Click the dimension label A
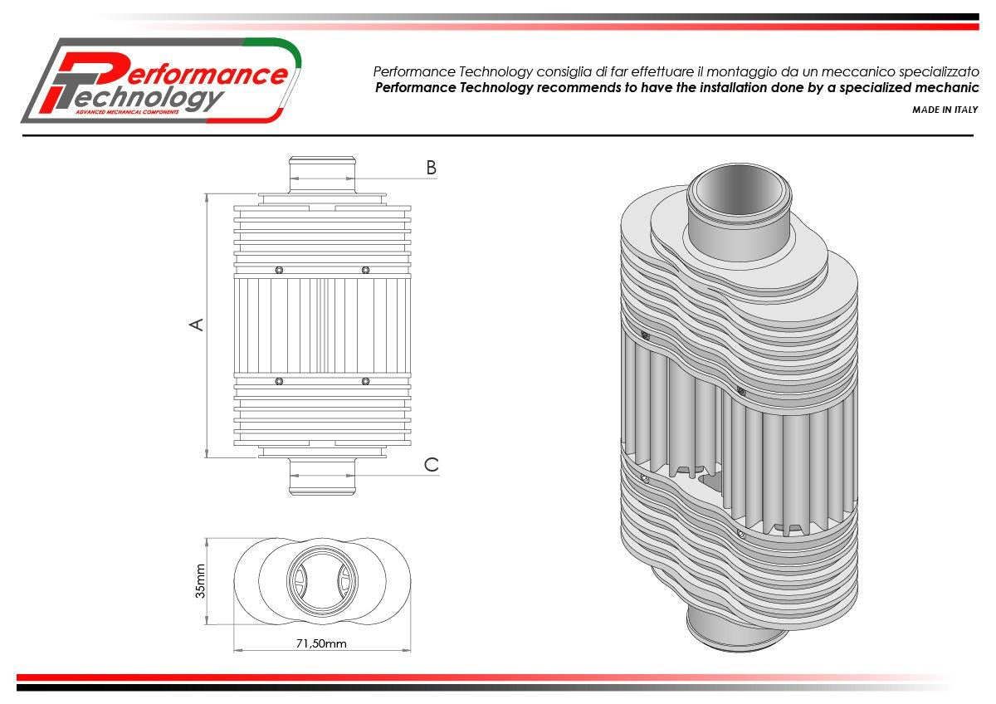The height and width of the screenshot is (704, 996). click(x=197, y=324)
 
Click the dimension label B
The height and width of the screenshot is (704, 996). click(x=431, y=168)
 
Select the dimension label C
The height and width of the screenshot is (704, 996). click(x=431, y=465)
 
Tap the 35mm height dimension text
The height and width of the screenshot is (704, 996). click(x=199, y=581)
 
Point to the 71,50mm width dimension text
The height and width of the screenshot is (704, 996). click(x=321, y=643)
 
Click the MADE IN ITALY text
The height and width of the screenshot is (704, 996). click(x=945, y=110)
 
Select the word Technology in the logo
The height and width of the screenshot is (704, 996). click(x=149, y=98)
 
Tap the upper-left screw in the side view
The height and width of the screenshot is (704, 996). click(x=279, y=270)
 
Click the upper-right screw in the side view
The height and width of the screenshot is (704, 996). click(x=365, y=270)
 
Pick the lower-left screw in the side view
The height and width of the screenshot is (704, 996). click(x=279, y=381)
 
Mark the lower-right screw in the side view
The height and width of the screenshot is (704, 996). click(x=365, y=381)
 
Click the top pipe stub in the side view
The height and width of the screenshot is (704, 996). click(x=323, y=174)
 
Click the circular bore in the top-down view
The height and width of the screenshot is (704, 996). click(x=323, y=580)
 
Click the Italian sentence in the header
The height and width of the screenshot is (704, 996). click(x=676, y=71)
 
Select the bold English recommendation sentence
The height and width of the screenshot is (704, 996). click(x=676, y=88)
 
